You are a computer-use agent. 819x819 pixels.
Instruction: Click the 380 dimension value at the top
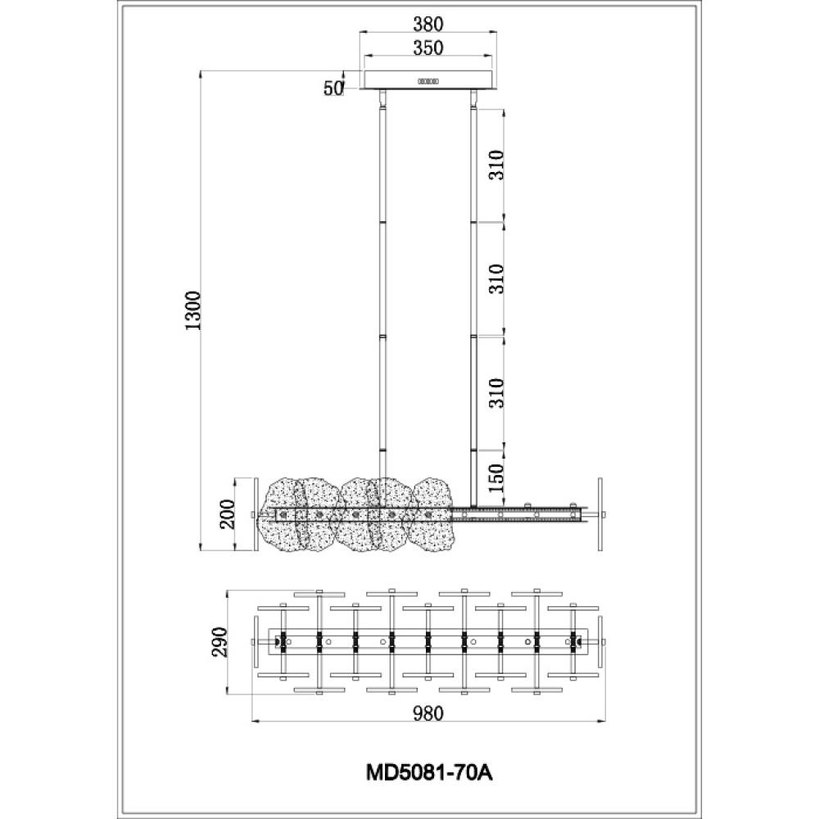coord(428,24)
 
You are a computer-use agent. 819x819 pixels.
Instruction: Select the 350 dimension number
coord(428,48)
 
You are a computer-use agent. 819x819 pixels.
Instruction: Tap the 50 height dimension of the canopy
coord(333,88)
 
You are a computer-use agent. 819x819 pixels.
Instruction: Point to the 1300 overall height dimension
coord(192,310)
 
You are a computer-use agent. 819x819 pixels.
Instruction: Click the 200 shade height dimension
coord(229,514)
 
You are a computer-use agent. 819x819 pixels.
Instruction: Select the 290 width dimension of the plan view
coord(219,642)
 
